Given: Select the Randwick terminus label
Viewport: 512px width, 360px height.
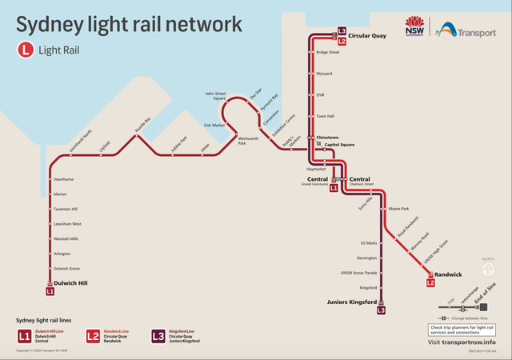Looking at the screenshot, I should (x=449, y=274).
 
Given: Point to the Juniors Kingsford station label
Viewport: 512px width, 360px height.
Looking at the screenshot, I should (x=351, y=302).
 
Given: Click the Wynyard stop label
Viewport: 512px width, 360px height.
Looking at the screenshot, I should (x=324, y=74).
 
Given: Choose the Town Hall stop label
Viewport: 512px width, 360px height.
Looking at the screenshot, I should (x=325, y=116).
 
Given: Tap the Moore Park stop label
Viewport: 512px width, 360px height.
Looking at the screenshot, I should (x=399, y=209).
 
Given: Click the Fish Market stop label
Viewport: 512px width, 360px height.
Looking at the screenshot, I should (x=214, y=126).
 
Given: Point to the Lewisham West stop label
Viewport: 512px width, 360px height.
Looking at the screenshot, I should (x=67, y=224).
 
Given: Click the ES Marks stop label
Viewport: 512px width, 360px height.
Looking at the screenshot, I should (x=369, y=242).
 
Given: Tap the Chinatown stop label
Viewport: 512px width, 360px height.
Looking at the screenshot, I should (x=328, y=138).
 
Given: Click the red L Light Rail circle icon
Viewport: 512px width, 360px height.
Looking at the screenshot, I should (x=26, y=50).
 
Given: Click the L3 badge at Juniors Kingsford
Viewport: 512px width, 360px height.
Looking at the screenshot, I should (x=382, y=310).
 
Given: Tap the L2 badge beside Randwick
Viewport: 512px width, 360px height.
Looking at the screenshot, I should (x=430, y=282).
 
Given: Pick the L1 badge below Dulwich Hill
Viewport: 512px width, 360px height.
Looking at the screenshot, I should (x=50, y=292).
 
